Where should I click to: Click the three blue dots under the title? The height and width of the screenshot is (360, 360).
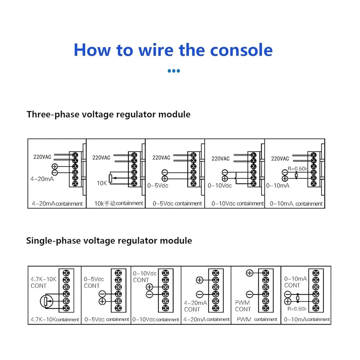click(x=174, y=71)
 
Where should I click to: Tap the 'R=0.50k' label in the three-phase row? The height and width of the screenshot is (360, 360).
click(x=297, y=168)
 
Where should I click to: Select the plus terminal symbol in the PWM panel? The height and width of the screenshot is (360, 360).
click(x=249, y=273)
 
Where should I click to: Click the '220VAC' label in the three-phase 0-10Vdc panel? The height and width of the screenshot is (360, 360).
click(x=220, y=158)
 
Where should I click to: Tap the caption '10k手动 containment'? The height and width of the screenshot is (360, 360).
click(x=119, y=203)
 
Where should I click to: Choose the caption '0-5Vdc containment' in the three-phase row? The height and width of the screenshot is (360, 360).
click(x=177, y=203)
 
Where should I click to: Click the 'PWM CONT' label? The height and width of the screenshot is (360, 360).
click(x=243, y=306)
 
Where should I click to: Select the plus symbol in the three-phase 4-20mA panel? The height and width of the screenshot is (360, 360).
click(x=54, y=166)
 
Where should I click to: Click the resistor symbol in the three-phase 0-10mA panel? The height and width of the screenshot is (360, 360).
click(x=296, y=175)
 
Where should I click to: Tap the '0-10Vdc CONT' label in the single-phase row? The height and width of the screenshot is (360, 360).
click(x=145, y=276)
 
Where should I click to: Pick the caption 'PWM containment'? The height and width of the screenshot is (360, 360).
click(x=257, y=319)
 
